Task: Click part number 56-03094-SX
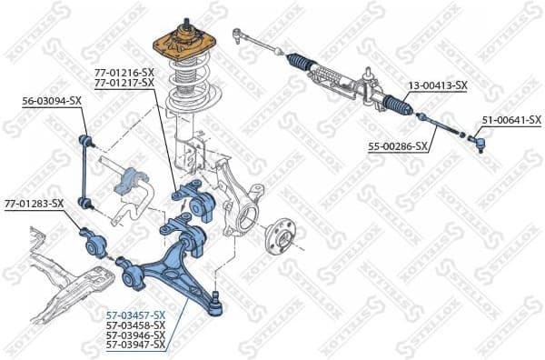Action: (x=52, y=102)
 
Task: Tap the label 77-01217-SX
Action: (x=124, y=83)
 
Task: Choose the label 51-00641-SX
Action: (x=510, y=120)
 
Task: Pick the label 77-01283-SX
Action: (x=34, y=203)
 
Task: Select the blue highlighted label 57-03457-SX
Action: (x=135, y=315)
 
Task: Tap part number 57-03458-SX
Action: (x=135, y=325)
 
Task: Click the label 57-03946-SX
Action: (x=135, y=335)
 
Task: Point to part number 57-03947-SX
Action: (x=135, y=345)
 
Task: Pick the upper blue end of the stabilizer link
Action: (x=88, y=139)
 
